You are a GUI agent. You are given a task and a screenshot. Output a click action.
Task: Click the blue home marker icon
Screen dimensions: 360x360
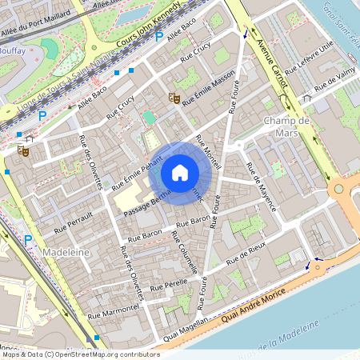click(180, 172)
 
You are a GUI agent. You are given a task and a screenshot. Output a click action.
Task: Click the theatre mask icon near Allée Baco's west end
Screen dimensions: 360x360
click(23, 149)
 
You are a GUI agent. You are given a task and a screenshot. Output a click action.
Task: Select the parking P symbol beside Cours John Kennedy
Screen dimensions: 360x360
click(158, 37)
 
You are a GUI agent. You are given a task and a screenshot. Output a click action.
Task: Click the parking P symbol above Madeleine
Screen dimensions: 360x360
click(28, 239)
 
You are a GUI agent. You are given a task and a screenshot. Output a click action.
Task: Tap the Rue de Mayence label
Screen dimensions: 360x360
click(262, 186)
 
